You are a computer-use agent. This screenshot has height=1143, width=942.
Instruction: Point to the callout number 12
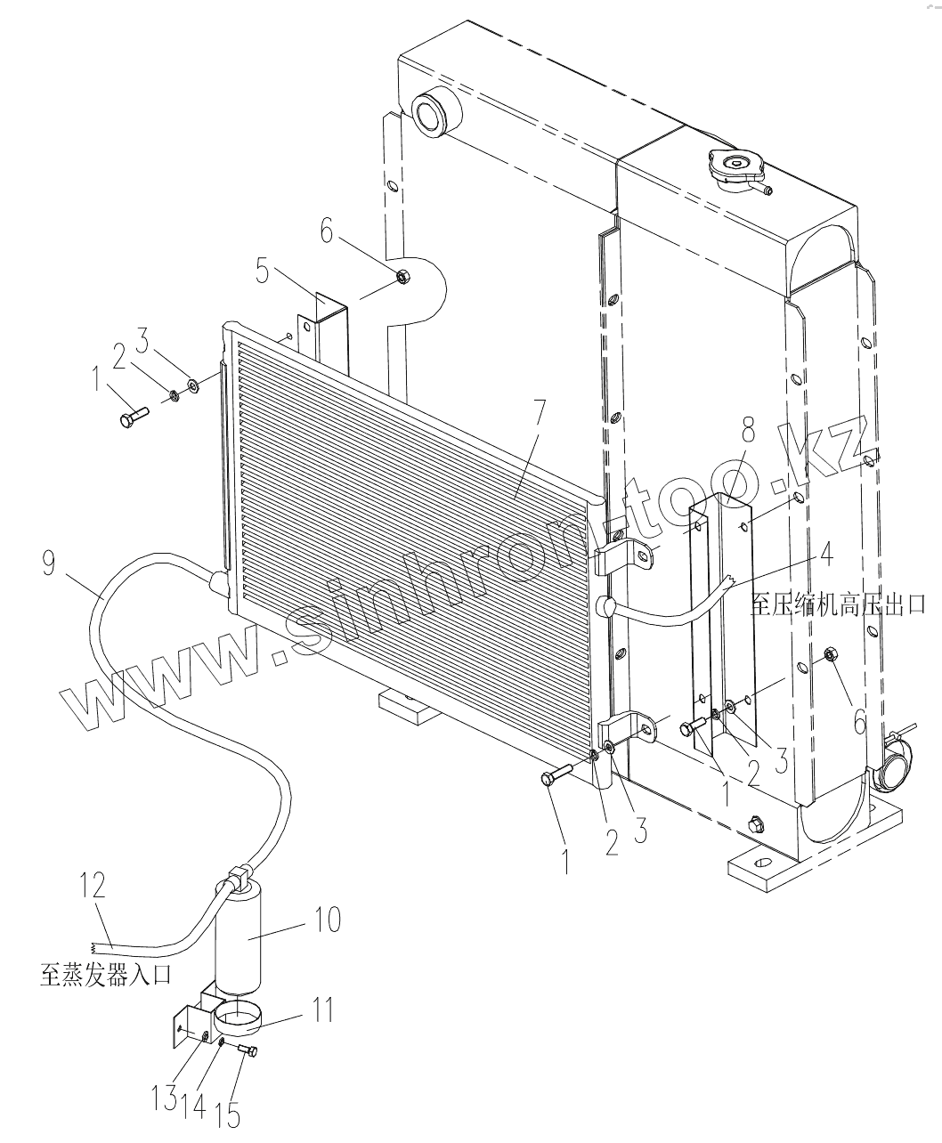click(93, 886)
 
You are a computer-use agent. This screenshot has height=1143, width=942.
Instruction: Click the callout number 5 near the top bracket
click(264, 269)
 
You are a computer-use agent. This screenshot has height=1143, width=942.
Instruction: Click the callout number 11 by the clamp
click(322, 1009)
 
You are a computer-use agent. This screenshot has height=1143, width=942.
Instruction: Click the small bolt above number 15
click(248, 1052)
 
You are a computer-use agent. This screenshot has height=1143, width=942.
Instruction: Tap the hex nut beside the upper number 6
click(401, 278)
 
